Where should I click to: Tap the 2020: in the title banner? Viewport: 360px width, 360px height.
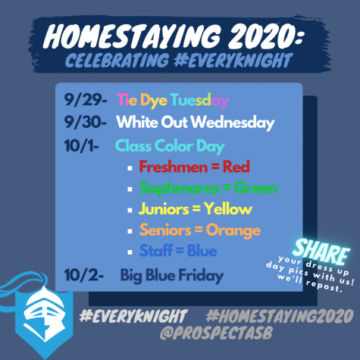click(x=265, y=36)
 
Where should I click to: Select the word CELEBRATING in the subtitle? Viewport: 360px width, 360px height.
click(x=117, y=61)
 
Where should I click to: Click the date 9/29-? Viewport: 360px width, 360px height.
click(x=86, y=100)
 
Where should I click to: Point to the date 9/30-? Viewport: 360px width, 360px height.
click(x=86, y=122)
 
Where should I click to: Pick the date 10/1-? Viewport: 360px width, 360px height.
click(x=81, y=146)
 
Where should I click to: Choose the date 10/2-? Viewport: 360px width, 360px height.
click(x=83, y=275)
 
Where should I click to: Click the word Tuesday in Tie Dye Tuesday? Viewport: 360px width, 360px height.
click(x=199, y=101)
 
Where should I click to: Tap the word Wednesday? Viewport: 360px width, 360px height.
click(x=233, y=123)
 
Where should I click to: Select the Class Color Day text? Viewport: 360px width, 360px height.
click(x=170, y=146)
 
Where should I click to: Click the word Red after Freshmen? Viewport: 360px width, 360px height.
click(x=236, y=167)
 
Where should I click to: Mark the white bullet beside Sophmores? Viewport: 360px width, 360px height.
click(x=130, y=189)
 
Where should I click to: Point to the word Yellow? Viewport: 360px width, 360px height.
click(x=228, y=209)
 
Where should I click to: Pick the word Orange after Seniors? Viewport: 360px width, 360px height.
click(x=233, y=231)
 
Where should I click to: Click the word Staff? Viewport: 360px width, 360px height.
click(x=156, y=251)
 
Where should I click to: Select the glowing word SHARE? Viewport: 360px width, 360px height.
click(x=321, y=252)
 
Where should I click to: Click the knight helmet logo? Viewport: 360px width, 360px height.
click(x=43, y=316)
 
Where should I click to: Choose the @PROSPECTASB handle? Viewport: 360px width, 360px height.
click(x=216, y=333)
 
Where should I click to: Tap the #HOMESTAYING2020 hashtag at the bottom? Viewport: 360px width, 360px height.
click(x=280, y=316)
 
